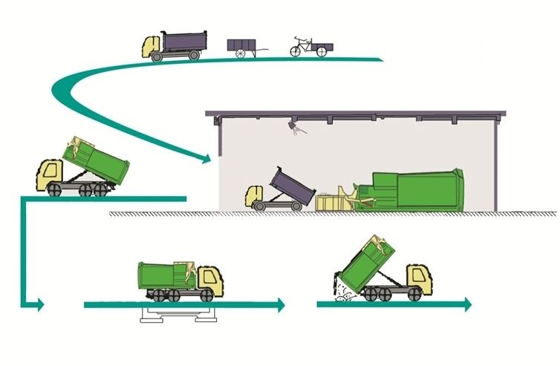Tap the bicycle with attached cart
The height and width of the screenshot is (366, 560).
pyautogui.click(x=306, y=46)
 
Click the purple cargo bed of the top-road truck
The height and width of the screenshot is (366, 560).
pyautogui.click(x=182, y=39)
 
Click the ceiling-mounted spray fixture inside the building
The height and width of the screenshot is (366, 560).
pyautogui.click(x=296, y=131)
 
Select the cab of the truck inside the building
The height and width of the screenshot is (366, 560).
pyautogui.click(x=256, y=197)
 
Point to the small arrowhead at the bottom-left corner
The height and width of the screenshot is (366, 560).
pyautogui.click(x=40, y=304)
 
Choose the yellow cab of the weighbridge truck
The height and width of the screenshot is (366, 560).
pyautogui.click(x=209, y=280)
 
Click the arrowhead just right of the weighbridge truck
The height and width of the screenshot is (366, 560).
pyautogui.click(x=281, y=304)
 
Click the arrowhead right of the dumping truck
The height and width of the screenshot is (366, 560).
pyautogui.click(x=466, y=304)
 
